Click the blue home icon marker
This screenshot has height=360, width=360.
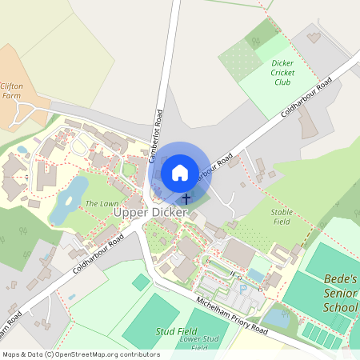(x=180, y=172)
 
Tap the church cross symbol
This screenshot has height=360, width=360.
(x=186, y=198)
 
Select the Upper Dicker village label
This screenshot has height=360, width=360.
(x=150, y=213)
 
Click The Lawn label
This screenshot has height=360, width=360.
(x=102, y=202)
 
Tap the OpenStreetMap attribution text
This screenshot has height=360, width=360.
(x=81, y=354)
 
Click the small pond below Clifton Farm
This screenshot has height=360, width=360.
(x=22, y=149)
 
